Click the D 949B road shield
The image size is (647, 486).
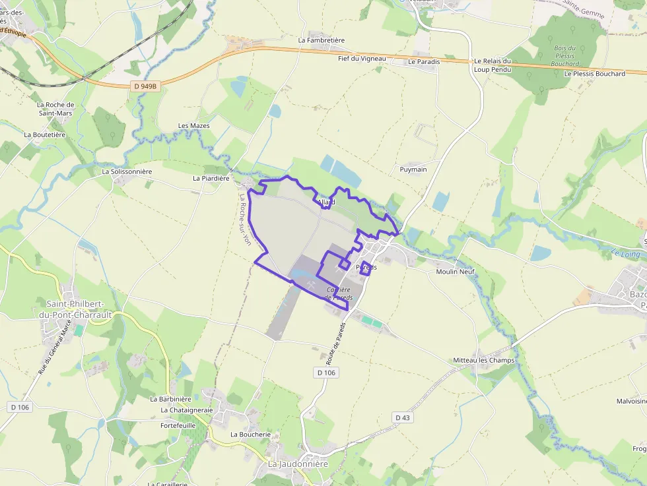point(147,86)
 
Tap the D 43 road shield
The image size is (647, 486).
point(402,417)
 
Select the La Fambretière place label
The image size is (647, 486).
point(322,40)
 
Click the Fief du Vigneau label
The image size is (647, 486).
point(362,59)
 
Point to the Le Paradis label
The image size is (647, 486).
point(424,61)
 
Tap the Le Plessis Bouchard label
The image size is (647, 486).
point(594,74)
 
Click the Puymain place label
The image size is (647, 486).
point(413,169)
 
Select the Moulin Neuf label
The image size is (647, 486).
point(455,272)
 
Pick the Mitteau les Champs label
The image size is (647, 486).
point(484,360)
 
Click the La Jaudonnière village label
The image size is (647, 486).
point(298,464)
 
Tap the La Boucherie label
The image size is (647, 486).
point(251,435)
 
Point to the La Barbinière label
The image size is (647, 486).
point(170,399)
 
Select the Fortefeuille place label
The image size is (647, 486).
point(178,426)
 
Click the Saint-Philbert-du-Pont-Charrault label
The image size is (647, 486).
point(79,309)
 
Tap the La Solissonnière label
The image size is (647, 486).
point(127,171)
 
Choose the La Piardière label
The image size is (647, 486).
point(211,178)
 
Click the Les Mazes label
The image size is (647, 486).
point(194,126)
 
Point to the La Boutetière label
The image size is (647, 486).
point(45,135)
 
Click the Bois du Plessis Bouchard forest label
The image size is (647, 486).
point(565,56)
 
